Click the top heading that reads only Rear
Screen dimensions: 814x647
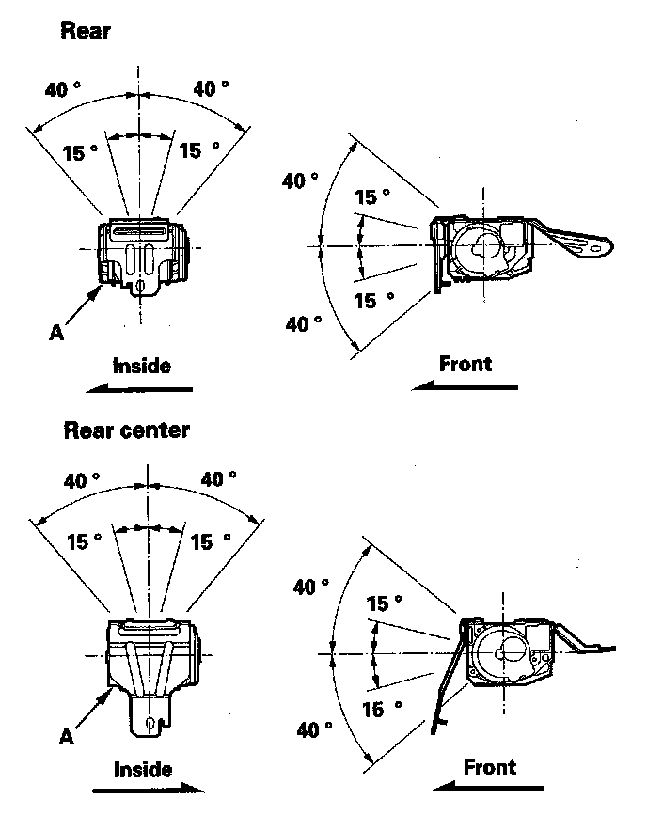(86, 30)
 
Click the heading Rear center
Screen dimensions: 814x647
(126, 430)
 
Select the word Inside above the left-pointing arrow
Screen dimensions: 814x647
(142, 365)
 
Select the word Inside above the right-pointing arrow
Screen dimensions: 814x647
(143, 769)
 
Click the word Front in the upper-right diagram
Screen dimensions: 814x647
(466, 363)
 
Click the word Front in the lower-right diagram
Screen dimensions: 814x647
(490, 766)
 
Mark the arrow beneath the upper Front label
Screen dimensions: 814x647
(465, 385)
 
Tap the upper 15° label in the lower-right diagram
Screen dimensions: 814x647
(384, 603)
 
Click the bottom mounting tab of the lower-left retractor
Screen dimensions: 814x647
(149, 716)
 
